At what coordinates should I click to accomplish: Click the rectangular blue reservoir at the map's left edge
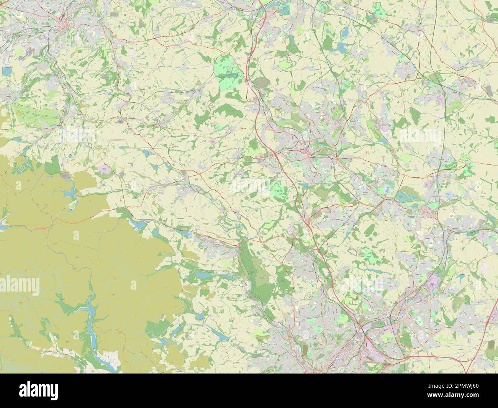coord(7,71)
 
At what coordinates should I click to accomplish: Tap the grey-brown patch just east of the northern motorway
coord(262,82)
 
